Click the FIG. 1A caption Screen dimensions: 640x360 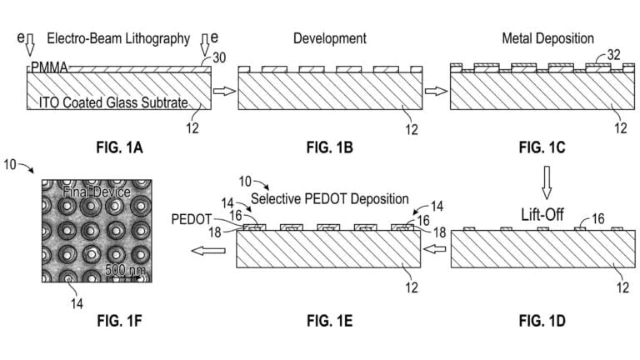coord(120,147)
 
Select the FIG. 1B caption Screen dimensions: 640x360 coord(330,147)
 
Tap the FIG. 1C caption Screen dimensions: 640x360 coord(542,147)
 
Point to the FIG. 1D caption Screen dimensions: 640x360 coord(542,321)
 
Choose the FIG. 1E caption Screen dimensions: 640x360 coord(330,321)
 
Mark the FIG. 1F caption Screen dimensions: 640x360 coord(120,321)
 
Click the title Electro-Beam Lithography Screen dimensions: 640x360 coord(118,38)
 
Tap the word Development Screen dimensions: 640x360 coord(330,38)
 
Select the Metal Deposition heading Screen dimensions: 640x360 coord(547,38)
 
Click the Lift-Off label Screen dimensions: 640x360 coord(542,214)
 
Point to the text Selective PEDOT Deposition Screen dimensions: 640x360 coord(330,199)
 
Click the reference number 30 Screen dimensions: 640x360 coord(219,57)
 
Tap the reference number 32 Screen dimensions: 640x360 coord(613,55)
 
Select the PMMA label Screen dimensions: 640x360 coord(49,67)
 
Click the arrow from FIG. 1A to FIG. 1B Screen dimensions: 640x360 coord(224,91)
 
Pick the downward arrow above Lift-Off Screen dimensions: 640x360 coord(547,182)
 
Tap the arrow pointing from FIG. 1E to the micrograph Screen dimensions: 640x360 coord(208,250)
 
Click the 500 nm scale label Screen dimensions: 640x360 coord(125,270)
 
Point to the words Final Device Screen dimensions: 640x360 coord(97,192)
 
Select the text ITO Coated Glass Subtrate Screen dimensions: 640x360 coord(113,102)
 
